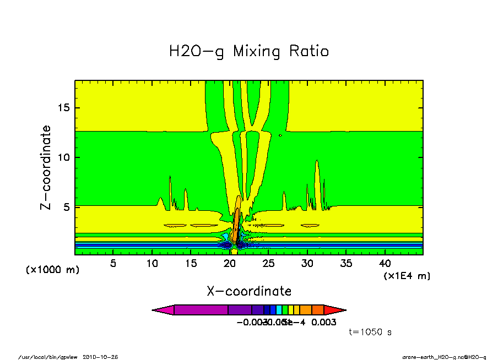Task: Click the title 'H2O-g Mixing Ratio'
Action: coord(248,52)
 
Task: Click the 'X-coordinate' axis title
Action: coord(249,291)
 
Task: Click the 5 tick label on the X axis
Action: coord(113,263)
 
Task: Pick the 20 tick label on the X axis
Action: coord(229,263)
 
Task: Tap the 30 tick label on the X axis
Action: coord(307,263)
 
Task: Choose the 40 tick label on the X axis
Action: coord(385,263)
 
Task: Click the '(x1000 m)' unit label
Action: coord(52,270)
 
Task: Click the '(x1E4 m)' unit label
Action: coord(407,275)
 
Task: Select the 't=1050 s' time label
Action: coord(370,332)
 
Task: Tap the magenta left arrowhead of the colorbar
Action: coord(163,310)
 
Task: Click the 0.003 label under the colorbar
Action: coord(324,322)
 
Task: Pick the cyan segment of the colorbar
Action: coord(279,310)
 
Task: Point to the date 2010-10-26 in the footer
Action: coord(100,357)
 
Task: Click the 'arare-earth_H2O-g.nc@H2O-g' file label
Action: coord(444,357)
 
